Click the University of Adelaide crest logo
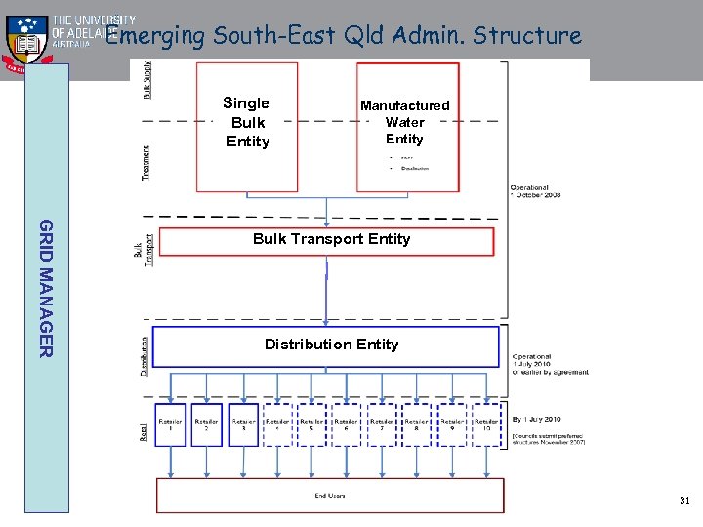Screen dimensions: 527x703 tap(26, 42)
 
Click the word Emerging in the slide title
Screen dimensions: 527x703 tap(156, 37)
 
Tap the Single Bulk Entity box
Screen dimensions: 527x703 tap(247, 125)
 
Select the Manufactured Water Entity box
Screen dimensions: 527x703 tap(406, 125)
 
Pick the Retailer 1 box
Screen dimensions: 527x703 tap(171, 425)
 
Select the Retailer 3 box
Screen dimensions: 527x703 tap(242, 425)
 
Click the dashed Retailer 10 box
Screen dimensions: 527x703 tap(486, 425)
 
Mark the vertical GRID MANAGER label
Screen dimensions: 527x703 tap(47, 288)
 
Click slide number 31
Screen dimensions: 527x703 tap(684, 501)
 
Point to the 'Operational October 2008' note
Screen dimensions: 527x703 tap(535, 191)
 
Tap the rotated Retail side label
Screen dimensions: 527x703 tap(145, 426)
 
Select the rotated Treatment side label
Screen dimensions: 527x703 tap(145, 161)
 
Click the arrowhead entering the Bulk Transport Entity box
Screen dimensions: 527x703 tap(327, 223)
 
